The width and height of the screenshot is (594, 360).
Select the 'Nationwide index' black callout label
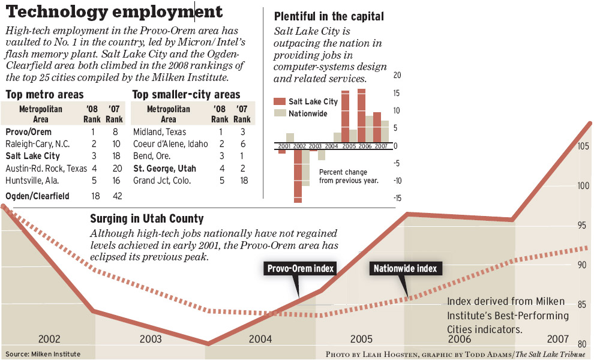click(x=405, y=268)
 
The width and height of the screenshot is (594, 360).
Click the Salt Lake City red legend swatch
click(x=280, y=101)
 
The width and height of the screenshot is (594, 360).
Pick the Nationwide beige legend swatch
click(x=280, y=113)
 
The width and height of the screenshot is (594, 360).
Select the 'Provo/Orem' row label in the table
click(x=28, y=131)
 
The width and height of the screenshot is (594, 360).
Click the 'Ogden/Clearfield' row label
click(x=37, y=196)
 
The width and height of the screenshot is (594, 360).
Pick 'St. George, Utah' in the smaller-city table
click(x=164, y=168)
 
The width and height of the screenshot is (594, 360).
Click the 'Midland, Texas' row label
click(x=160, y=131)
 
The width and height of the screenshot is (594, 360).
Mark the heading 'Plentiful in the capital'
click(x=329, y=16)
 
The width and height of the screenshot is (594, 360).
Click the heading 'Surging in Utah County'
click(x=146, y=219)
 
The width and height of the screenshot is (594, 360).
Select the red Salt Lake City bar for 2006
click(x=361, y=117)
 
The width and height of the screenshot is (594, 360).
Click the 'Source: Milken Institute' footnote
click(x=43, y=354)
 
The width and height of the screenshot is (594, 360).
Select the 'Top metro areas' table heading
click(x=44, y=95)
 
